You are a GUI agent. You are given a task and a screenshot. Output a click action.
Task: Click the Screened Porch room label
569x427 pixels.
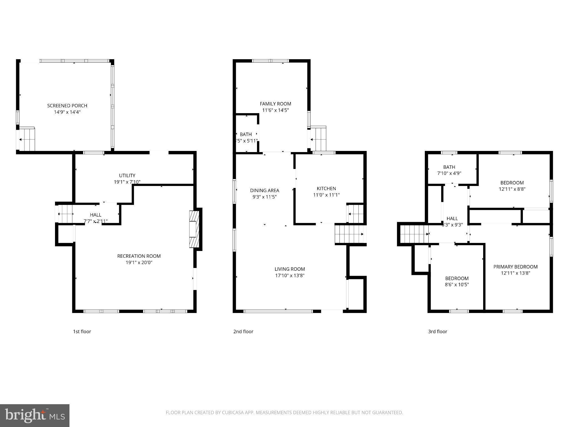[67, 106]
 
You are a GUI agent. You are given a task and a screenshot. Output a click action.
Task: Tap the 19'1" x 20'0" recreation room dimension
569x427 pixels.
[139, 262]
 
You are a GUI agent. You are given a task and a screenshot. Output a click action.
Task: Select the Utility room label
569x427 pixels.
[127, 175]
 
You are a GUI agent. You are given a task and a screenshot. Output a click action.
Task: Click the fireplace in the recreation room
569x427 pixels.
[194, 229]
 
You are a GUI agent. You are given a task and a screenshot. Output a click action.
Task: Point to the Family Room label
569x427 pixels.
[275, 104]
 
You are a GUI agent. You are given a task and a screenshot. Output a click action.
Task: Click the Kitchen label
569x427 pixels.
[326, 188]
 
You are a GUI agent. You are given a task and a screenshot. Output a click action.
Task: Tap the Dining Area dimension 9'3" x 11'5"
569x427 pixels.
[264, 197]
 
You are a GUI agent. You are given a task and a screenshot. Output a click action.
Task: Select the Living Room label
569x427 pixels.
[290, 269]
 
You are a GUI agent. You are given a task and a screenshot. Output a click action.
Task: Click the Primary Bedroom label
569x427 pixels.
[515, 267]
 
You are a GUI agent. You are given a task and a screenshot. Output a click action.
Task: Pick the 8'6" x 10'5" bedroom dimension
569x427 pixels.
[457, 285]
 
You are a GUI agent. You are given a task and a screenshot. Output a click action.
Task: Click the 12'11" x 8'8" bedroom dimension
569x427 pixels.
[512, 189]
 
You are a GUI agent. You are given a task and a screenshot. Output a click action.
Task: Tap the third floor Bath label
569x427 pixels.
[449, 167]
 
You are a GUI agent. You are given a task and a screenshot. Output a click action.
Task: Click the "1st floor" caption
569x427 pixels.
[82, 331]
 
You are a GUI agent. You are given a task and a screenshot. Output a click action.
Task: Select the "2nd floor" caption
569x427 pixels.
[243, 331]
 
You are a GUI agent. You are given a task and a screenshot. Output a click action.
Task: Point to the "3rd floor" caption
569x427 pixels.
[438, 331]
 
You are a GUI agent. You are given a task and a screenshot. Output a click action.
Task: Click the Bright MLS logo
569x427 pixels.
[34, 415]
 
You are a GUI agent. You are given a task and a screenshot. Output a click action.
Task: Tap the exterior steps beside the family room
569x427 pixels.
[318, 138]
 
